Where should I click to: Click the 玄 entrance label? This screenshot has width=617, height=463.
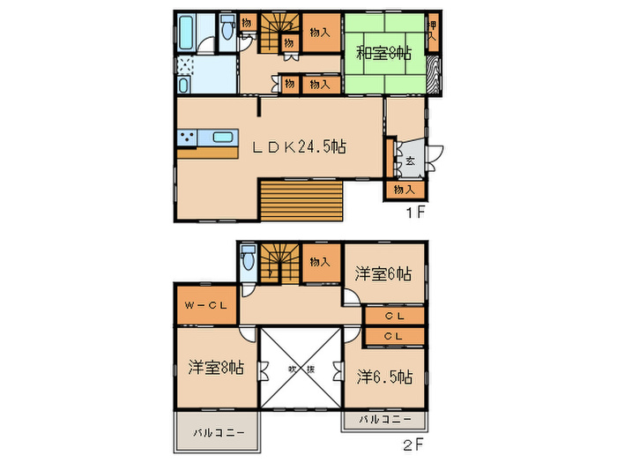coord(411,161)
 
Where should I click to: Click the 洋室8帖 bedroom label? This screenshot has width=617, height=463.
coord(216,368)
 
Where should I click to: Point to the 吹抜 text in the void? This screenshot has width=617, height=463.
coord(299,369)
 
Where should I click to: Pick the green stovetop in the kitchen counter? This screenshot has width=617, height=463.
coord(188,138)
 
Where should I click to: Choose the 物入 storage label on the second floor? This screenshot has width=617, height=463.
coord(322,261)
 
